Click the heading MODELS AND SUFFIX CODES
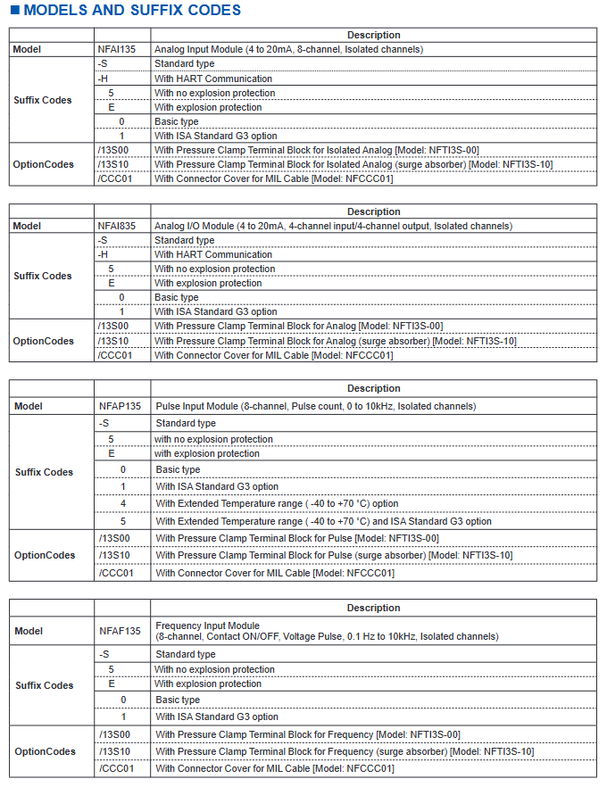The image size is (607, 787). (131, 11)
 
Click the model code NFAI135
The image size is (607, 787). (120, 50)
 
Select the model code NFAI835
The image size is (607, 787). (120, 227)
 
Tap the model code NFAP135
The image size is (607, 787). (120, 406)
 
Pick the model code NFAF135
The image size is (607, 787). (120, 631)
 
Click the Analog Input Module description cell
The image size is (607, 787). (288, 50)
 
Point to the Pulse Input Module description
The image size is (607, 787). (315, 406)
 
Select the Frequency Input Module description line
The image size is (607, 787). (207, 625)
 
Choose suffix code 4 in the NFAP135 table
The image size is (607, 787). (123, 504)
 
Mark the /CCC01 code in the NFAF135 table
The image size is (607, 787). (116, 768)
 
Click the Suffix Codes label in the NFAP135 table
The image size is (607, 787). (44, 472)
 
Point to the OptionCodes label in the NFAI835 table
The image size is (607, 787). (44, 341)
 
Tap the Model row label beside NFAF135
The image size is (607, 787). (29, 631)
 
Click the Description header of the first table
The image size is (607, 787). (374, 36)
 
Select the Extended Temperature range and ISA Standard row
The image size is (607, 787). (323, 521)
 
